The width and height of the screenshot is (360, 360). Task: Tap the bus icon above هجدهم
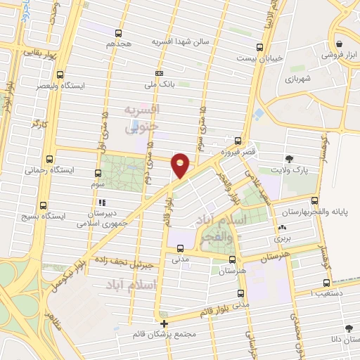tap(119, 33)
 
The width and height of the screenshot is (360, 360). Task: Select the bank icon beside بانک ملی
tap(160, 73)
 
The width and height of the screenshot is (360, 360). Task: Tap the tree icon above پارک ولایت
tap(289, 158)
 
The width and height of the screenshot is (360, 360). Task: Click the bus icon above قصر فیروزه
tap(238, 141)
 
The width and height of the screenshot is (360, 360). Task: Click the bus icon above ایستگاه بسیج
tap(44, 206)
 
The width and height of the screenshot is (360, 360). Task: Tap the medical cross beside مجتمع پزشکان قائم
tap(165, 324)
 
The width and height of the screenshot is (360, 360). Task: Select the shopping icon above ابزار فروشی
tap(339, 41)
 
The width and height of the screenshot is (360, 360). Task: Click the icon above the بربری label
tap(282, 228)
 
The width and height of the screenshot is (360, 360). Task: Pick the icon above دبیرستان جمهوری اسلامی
tap(103, 202)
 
